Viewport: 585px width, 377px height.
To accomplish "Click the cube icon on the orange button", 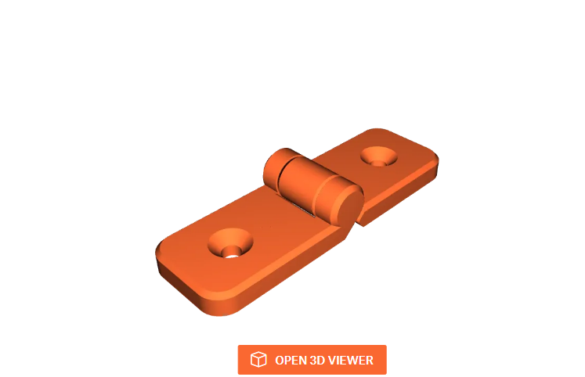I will [x=258, y=360].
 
